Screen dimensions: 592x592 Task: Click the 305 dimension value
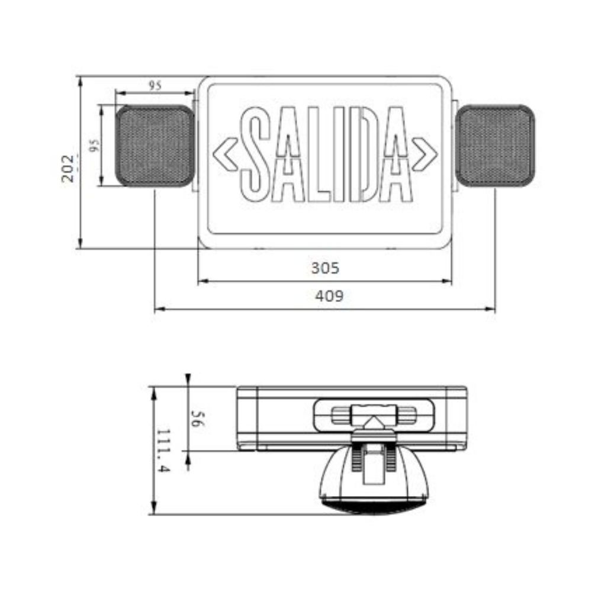pyautogui.click(x=325, y=268)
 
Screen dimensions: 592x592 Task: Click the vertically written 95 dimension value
pyautogui.click(x=94, y=145)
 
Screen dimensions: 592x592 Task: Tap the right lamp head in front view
pyautogui.click(x=496, y=146)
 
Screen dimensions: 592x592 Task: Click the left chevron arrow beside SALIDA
pyautogui.click(x=226, y=155)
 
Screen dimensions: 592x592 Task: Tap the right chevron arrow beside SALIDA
pyautogui.click(x=425, y=155)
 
